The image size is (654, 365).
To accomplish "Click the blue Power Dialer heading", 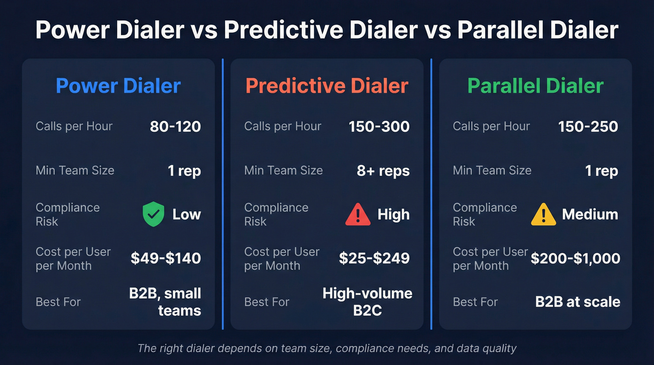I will tap(118, 86).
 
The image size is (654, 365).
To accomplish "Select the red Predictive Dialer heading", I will tap(327, 86).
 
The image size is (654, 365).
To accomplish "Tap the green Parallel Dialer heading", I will tap(535, 86).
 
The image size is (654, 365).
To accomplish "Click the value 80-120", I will tap(175, 127).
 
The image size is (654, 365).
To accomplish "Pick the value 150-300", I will tap(379, 127).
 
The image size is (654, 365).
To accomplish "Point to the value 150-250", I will tap(588, 127).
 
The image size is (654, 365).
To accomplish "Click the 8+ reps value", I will tap(383, 171).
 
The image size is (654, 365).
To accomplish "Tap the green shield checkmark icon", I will tap(153, 215).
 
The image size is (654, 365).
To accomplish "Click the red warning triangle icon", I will tap(357, 215).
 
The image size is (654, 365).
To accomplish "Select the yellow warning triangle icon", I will tap(543, 215).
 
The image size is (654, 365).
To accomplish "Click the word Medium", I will tap(590, 215).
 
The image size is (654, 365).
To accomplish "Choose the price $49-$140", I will tap(166, 258).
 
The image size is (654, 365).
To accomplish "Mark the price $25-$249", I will tap(374, 258).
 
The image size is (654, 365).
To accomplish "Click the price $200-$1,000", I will tap(576, 258).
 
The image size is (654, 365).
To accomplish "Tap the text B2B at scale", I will tap(577, 302).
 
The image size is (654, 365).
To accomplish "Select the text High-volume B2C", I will tap(368, 302).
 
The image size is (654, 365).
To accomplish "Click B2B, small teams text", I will tap(165, 302).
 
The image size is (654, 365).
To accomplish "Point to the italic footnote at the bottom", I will tap(327, 348).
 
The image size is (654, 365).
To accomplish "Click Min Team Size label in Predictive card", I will tap(283, 170).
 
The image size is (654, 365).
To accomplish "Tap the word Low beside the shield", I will tap(186, 215).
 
